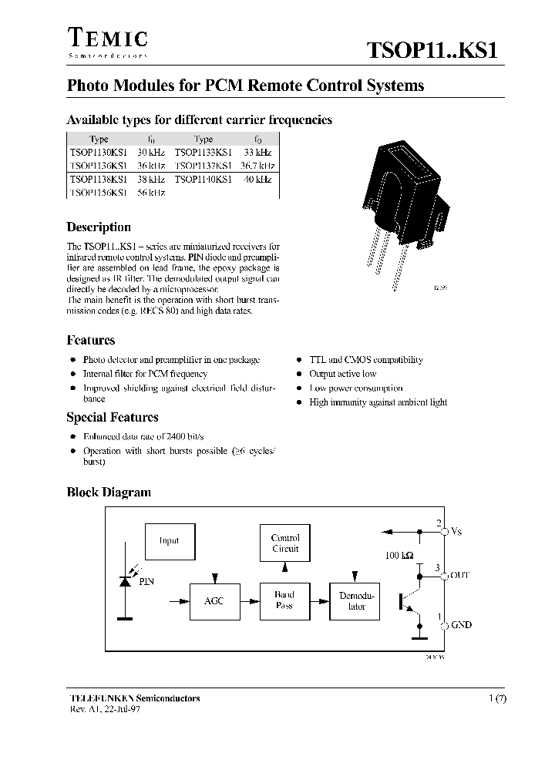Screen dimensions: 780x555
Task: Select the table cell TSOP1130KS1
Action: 98,153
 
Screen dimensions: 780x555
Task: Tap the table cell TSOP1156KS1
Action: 98,193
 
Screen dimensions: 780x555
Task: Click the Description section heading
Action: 99,227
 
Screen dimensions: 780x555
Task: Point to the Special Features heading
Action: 113,418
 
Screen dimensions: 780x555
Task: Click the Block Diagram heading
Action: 109,493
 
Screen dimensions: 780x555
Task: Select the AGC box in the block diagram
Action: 214,601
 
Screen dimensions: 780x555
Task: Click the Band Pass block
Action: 284,601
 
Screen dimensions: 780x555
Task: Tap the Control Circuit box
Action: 284,543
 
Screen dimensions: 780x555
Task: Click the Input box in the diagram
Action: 169,540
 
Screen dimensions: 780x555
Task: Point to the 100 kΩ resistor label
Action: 399,556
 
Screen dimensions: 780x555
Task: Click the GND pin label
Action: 461,625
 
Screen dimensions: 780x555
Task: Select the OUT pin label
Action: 459,575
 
